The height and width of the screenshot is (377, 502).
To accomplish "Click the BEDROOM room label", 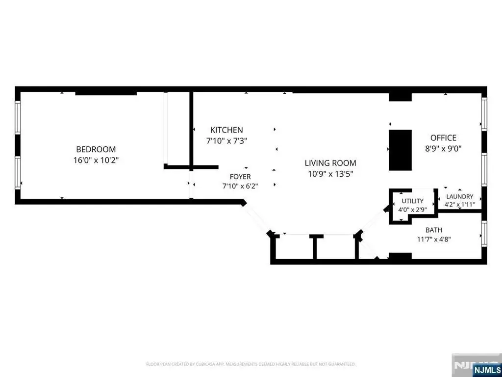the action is click(96, 149).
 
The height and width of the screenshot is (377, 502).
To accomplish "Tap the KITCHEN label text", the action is click(226, 130).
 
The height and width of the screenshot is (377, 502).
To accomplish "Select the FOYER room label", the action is click(240, 177).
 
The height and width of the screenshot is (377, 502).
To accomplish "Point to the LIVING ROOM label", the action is click(330, 163).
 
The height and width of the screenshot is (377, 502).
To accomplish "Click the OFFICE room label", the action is click(443, 138).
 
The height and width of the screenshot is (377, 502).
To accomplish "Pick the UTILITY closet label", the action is click(413, 201).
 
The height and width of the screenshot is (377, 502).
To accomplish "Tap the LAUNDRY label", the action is click(460, 196).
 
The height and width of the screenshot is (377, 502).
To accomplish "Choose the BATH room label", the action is click(434, 230).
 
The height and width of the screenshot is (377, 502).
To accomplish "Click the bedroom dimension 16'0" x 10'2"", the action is click(96, 160).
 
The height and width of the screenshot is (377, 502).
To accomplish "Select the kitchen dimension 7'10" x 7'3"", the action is click(226, 140).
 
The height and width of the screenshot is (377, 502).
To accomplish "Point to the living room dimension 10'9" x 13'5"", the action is click(331, 174).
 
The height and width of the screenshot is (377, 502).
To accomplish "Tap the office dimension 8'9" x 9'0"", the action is click(443, 148).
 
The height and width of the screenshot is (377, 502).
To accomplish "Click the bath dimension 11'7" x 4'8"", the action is click(434, 239).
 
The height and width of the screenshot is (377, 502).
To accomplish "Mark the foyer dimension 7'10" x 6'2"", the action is click(240, 186).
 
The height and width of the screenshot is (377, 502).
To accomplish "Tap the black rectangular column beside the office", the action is click(400, 150).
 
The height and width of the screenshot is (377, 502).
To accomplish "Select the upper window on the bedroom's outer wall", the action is click(18, 118).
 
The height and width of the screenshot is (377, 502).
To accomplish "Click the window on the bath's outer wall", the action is click(484, 234).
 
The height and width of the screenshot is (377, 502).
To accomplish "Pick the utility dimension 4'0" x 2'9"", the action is click(413, 210).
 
